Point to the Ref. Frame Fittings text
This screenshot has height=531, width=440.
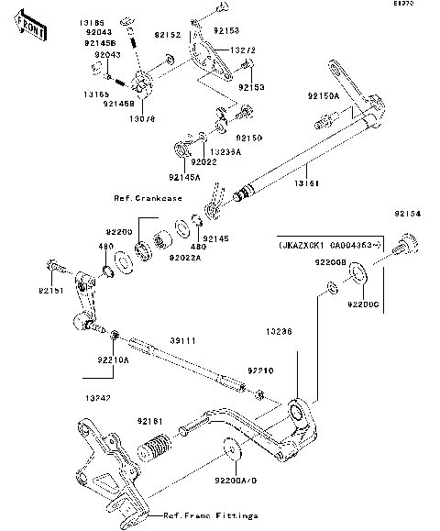pos(210,516)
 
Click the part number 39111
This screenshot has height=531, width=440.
pos(181,339)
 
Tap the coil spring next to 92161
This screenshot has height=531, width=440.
pos(155,453)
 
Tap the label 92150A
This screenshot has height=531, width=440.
pos(323,95)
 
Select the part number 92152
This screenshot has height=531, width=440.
pos(167,34)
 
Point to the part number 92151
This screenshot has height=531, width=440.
pos(51,291)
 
